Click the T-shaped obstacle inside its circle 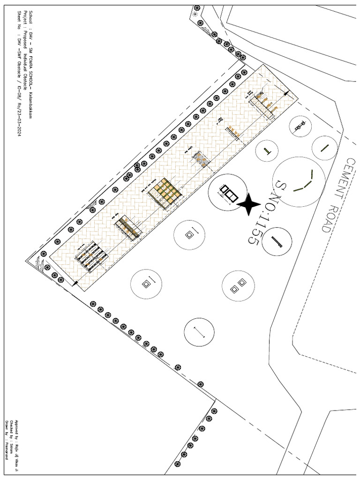(x=267, y=151)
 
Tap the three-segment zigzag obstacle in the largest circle (x=303, y=182)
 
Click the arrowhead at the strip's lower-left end (x=75, y=283)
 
